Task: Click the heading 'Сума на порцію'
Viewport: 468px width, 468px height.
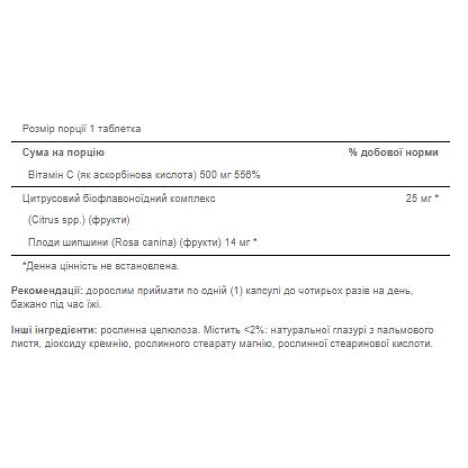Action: (63, 153)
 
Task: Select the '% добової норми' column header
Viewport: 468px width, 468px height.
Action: (393, 153)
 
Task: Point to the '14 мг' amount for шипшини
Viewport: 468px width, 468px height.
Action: (232, 243)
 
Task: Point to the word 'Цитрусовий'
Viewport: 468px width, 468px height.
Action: (46, 198)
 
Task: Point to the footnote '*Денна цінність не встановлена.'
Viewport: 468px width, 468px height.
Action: (100, 266)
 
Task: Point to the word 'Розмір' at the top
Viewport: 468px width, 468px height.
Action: (35, 129)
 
